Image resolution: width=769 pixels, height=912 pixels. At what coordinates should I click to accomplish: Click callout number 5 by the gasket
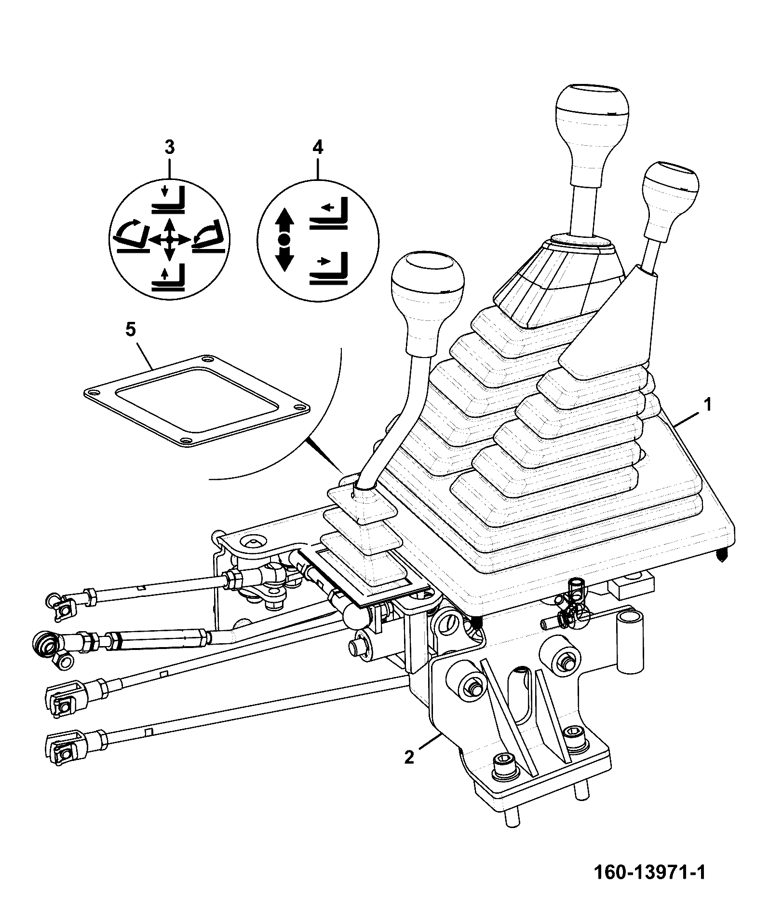tap(131, 330)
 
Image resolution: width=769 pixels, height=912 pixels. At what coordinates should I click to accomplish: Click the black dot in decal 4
tap(284, 238)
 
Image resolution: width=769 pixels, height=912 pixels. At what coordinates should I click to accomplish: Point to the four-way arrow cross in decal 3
tap(169, 239)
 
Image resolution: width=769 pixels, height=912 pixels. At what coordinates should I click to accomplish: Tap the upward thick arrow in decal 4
tap(284, 220)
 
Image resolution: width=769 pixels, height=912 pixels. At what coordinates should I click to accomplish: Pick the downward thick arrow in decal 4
tap(284, 258)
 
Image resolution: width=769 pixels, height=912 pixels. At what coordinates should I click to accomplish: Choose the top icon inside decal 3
tap(169, 200)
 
